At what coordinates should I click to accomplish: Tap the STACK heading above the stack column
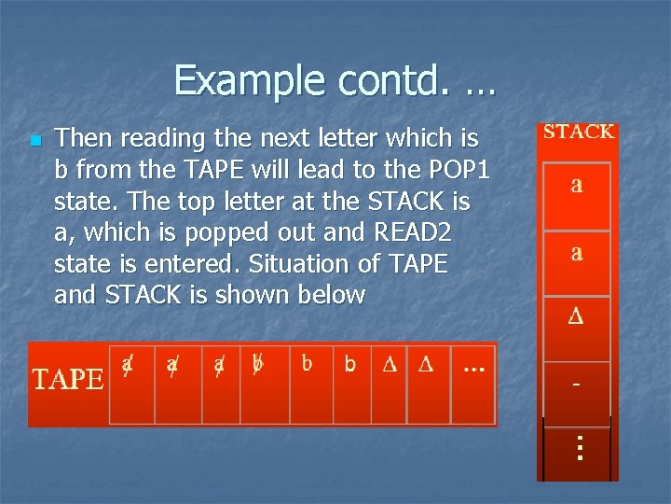tap(579, 132)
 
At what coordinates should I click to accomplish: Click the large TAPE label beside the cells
tap(68, 379)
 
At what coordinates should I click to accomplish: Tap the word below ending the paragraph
tap(330, 295)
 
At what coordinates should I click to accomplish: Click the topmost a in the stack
tap(577, 185)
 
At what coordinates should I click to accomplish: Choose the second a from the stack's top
tap(577, 252)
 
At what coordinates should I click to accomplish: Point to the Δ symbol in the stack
tap(577, 317)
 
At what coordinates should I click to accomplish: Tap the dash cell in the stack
tap(577, 385)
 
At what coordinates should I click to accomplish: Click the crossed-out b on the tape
tap(258, 363)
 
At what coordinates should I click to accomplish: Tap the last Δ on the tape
tap(426, 365)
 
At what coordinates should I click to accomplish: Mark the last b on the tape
tap(350, 364)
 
